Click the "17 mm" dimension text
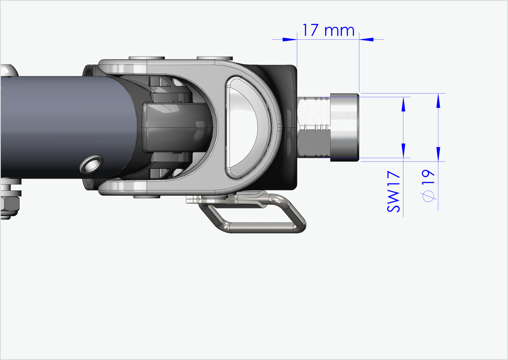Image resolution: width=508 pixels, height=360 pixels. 328,30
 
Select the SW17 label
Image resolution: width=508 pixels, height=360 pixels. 394,192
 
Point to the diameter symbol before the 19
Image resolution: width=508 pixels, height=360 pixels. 428,197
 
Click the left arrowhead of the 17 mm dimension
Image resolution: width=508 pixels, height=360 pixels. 290,39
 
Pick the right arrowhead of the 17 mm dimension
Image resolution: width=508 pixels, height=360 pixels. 367,39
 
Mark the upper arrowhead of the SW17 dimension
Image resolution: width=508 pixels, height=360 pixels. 403,104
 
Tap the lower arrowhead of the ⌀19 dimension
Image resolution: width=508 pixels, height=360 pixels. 439,154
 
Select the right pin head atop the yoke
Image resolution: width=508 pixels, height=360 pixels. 214,58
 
